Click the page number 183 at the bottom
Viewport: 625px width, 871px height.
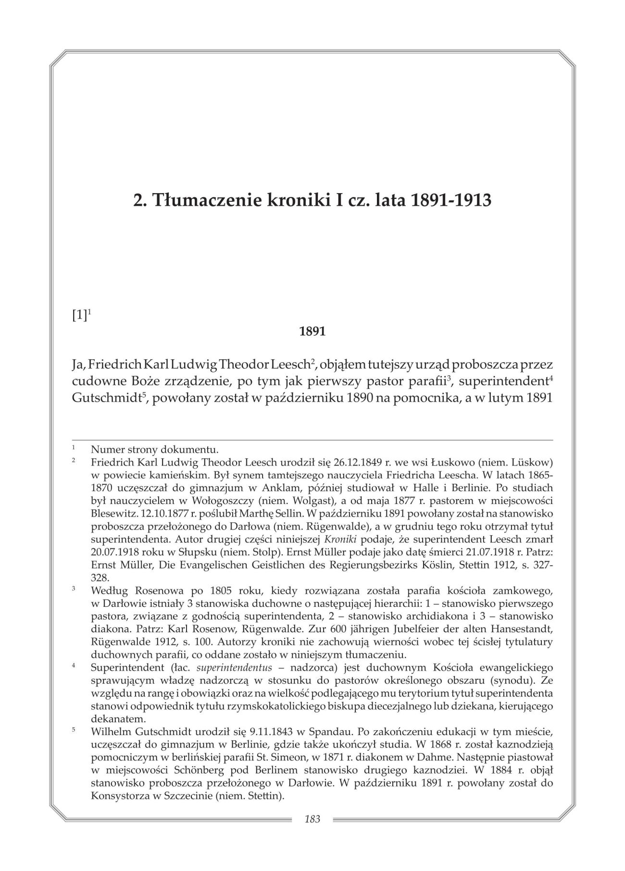[312, 819]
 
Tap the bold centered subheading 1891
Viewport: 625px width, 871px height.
[312, 331]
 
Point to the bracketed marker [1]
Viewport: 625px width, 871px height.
[79, 316]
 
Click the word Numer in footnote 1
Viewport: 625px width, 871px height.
[105, 450]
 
